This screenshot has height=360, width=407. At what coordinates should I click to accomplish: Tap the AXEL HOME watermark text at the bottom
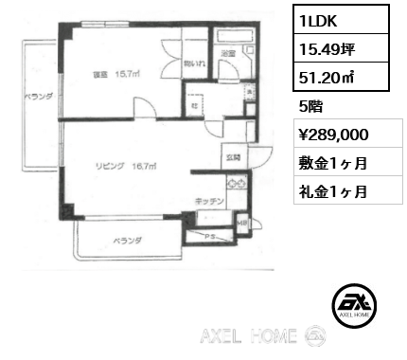click(x=249, y=336)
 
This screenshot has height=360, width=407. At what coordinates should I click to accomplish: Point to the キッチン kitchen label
click(x=210, y=201)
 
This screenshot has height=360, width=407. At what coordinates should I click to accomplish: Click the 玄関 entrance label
click(x=231, y=156)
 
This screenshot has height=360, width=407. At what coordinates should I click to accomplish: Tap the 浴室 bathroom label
click(x=227, y=54)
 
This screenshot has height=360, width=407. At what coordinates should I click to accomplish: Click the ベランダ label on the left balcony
click(x=38, y=97)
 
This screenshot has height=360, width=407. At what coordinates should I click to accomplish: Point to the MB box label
click(x=242, y=223)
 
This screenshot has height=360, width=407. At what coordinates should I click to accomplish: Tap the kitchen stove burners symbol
click(x=236, y=182)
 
